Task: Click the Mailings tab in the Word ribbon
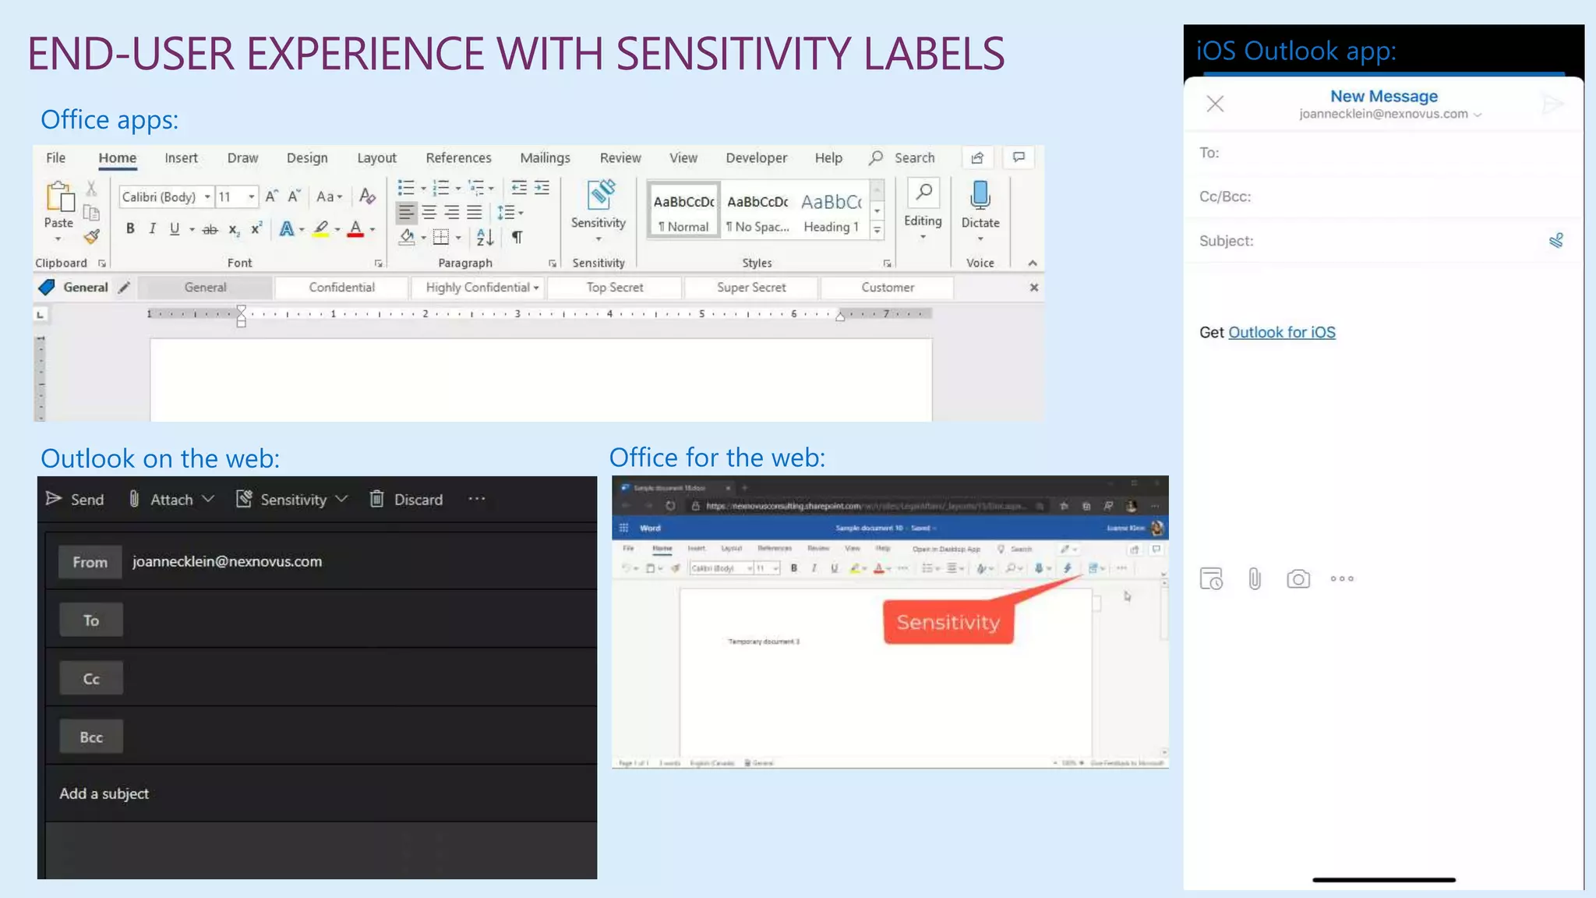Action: click(545, 158)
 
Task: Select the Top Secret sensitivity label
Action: click(615, 288)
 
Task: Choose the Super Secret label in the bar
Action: click(751, 288)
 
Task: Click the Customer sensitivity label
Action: click(888, 288)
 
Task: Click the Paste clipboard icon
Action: click(59, 199)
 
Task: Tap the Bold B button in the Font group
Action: click(130, 229)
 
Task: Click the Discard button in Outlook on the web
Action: click(407, 500)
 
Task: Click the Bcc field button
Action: click(91, 737)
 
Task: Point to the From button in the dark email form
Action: click(90, 562)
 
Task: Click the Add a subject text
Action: click(104, 794)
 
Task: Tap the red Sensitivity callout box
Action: click(948, 622)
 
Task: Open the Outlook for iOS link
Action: click(1281, 333)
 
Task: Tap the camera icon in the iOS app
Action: click(1298, 579)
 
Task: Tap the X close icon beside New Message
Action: click(1215, 104)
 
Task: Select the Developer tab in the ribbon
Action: click(756, 158)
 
